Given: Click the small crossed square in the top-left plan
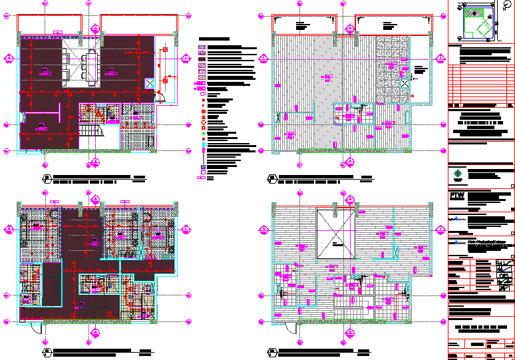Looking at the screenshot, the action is coord(150,83).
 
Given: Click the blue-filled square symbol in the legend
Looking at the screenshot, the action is coord(204,144).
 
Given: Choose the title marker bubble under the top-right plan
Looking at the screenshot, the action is coord(271,178).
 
